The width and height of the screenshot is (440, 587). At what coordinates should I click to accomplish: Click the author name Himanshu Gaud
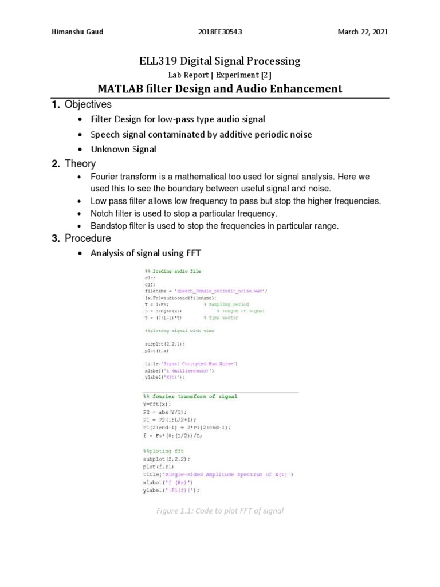click(x=77, y=32)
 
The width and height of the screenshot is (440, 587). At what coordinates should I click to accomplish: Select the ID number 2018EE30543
click(x=220, y=32)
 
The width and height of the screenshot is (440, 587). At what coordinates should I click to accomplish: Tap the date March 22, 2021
click(x=363, y=32)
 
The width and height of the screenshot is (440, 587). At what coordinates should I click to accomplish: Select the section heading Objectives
click(x=88, y=104)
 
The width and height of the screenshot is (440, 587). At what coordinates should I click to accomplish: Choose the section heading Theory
click(x=80, y=164)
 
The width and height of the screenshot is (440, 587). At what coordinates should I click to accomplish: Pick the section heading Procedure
click(x=88, y=238)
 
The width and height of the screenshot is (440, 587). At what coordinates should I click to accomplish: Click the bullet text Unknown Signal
click(x=123, y=149)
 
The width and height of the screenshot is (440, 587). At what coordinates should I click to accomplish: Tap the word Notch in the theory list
click(x=102, y=213)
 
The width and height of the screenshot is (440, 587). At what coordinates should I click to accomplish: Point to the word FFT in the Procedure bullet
click(x=192, y=253)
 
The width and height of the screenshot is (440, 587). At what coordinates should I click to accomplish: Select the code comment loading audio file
click(x=175, y=271)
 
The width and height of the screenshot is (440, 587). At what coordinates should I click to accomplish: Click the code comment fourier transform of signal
click(x=193, y=396)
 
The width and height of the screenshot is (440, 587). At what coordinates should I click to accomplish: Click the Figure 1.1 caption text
click(x=220, y=511)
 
